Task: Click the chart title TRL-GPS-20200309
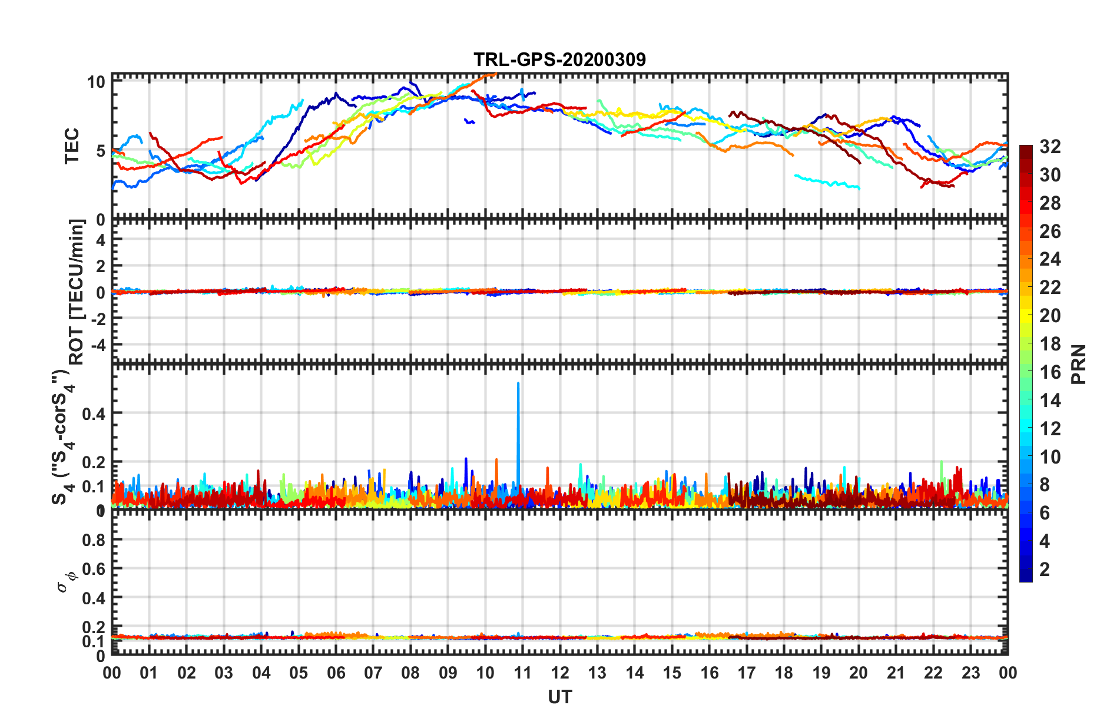point(559,59)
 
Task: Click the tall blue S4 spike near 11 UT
point(518,424)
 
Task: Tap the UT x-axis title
point(559,697)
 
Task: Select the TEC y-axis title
point(72,146)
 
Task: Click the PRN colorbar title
point(1079,364)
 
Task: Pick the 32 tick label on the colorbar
point(1050,147)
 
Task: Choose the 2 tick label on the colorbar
point(1045,569)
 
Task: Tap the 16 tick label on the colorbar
point(1050,372)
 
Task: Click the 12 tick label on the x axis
point(559,673)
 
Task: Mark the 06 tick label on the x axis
point(336,673)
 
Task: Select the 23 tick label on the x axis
point(970,673)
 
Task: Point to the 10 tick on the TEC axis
point(96,82)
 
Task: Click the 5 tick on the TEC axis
point(100,151)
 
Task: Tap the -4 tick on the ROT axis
point(97,343)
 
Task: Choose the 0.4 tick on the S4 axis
point(94,413)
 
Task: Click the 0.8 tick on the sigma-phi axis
point(94,540)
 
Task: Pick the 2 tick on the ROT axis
point(101,266)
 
